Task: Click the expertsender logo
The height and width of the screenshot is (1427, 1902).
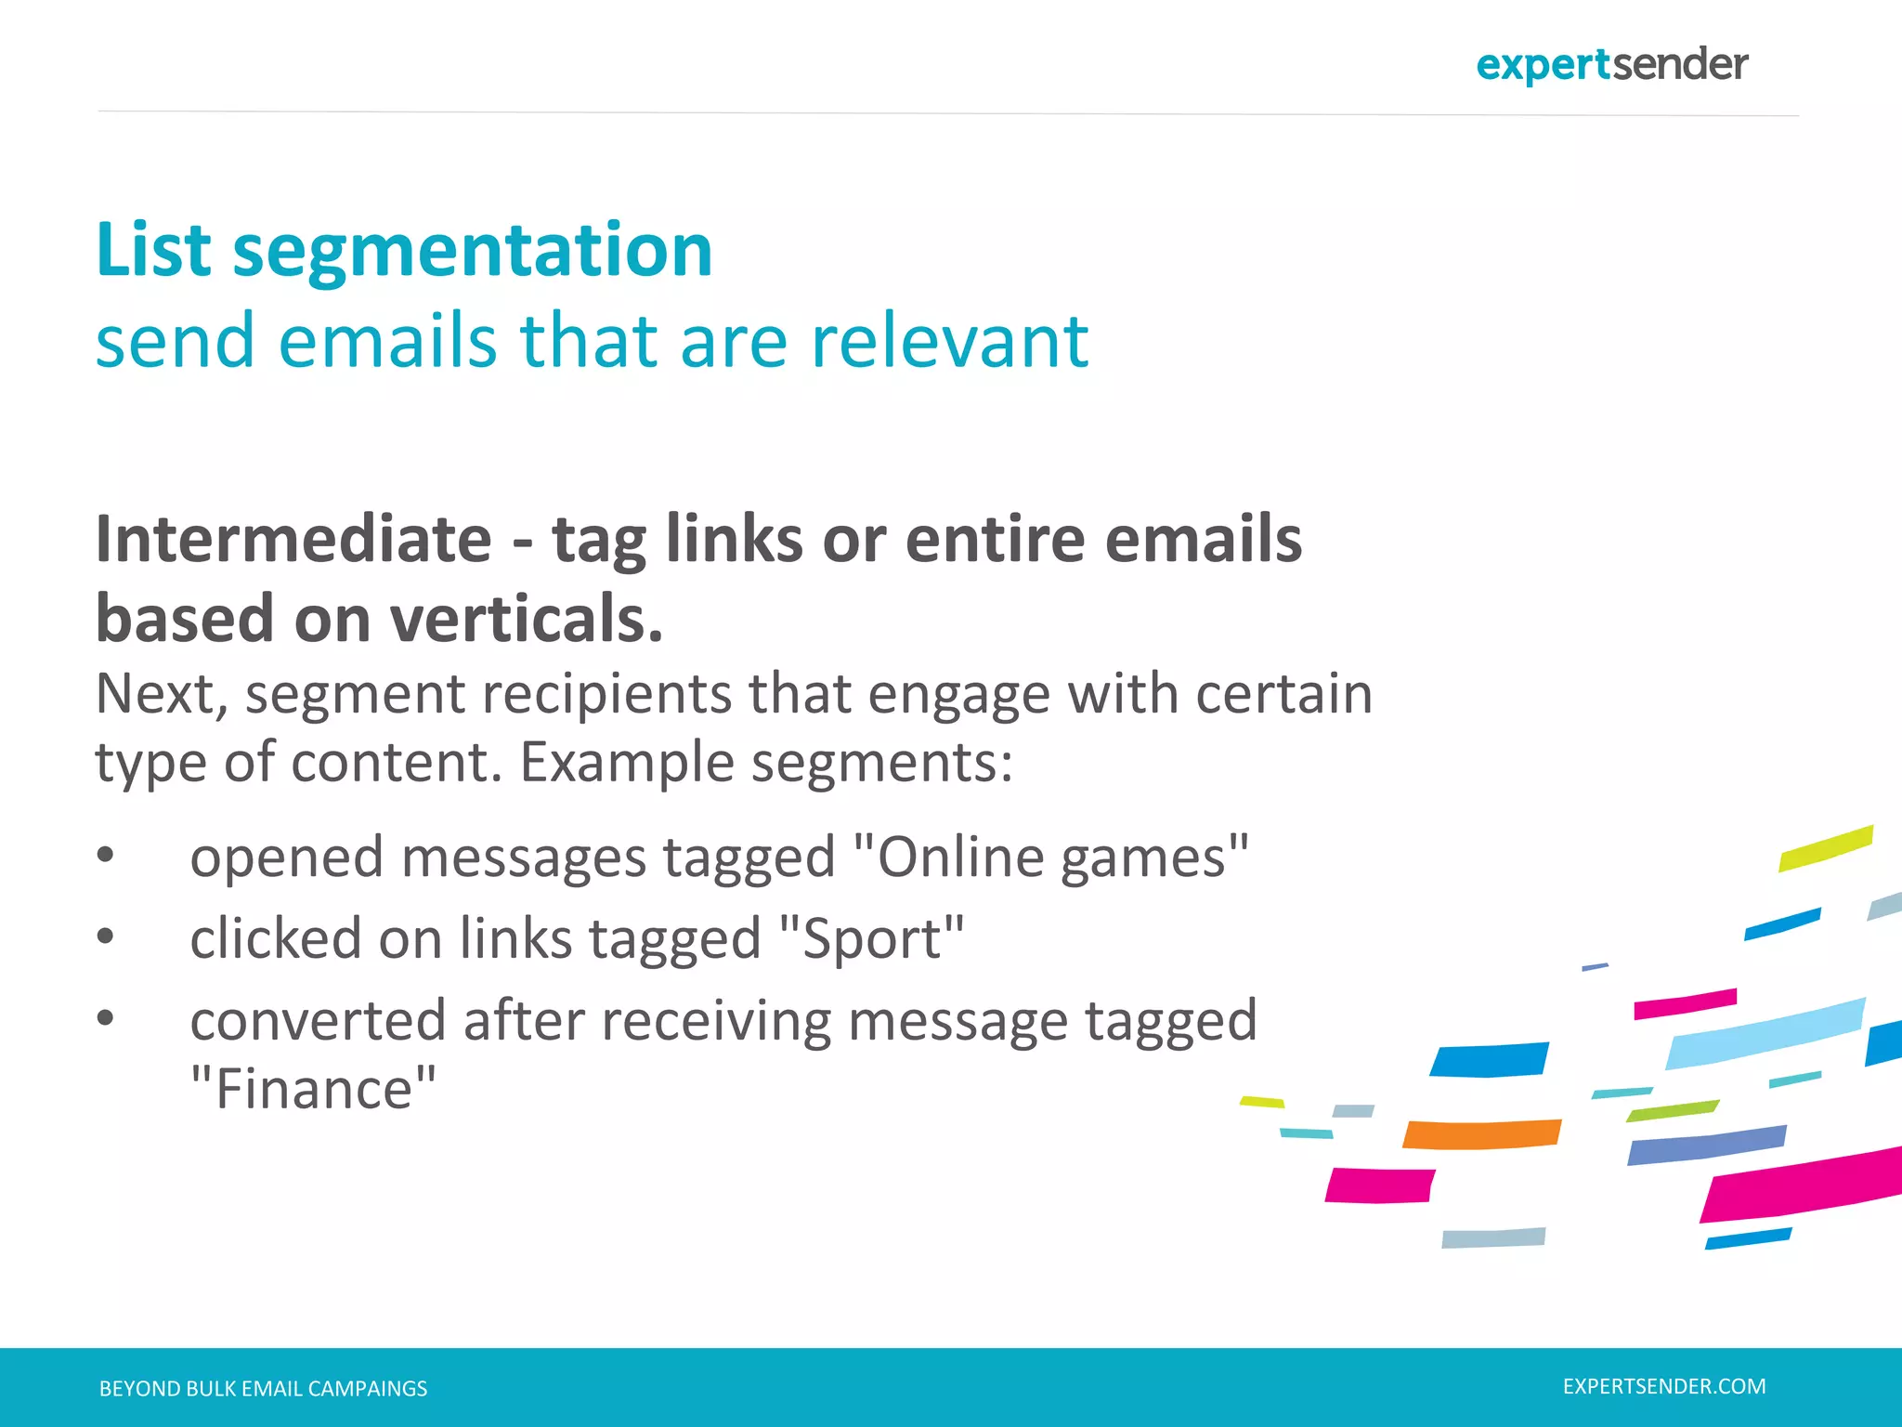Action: pos(1611,65)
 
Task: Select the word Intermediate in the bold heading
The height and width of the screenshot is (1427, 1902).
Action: pos(293,540)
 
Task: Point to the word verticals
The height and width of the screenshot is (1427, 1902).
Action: pos(526,620)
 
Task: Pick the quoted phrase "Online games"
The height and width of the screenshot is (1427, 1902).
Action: pos(1049,857)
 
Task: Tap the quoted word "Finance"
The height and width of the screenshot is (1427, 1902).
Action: pos(313,1089)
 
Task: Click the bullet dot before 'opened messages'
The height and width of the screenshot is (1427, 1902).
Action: pos(106,855)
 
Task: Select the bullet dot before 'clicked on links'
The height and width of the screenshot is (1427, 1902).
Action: pos(106,936)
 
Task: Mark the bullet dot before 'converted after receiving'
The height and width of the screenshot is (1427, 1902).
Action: pos(106,1018)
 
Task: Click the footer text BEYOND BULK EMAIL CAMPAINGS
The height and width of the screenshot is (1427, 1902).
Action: pos(263,1389)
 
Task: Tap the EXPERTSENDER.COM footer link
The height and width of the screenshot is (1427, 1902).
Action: pos(1664,1386)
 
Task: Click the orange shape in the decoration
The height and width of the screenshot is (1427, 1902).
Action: pos(1482,1134)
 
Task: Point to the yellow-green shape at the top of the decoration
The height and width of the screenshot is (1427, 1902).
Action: pos(1825,848)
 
